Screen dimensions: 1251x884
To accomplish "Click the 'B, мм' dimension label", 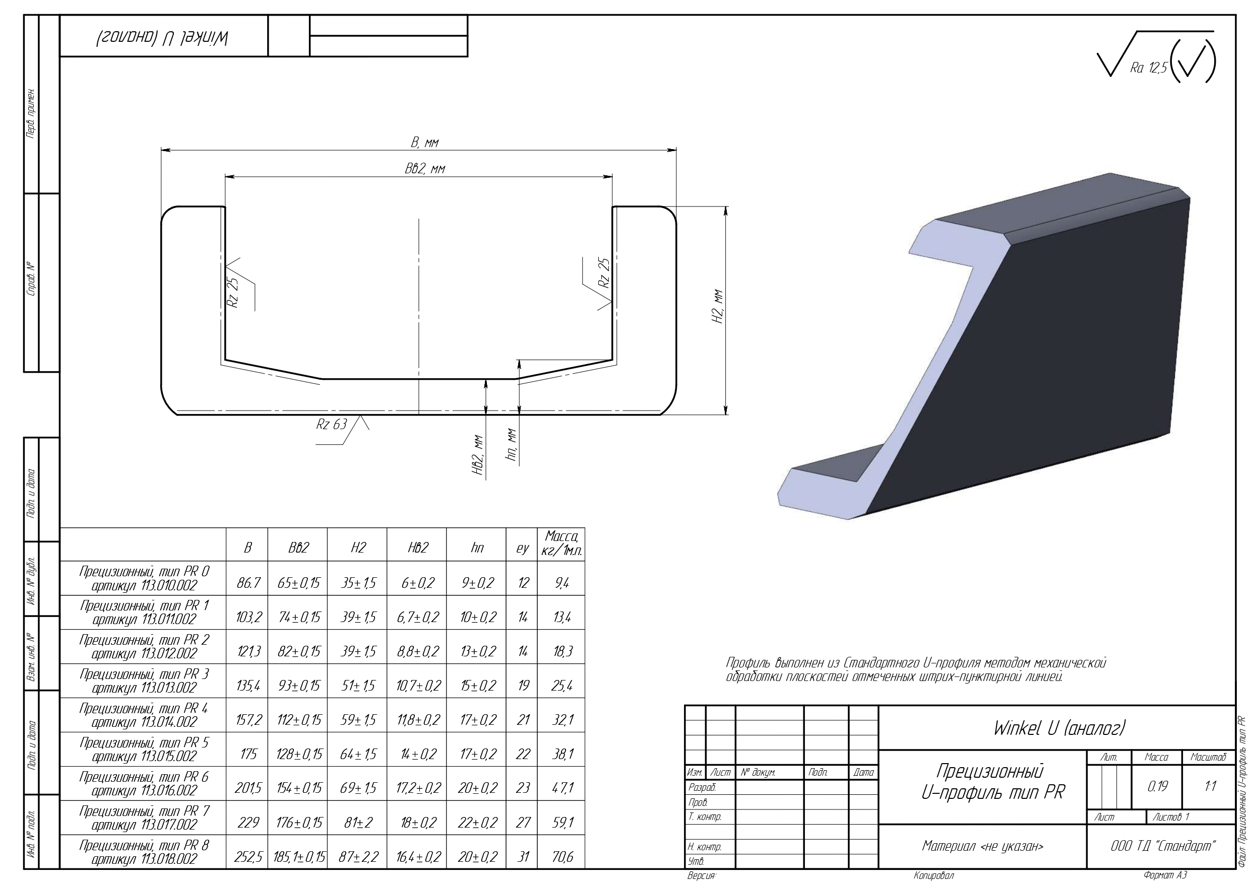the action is pyautogui.click(x=424, y=143).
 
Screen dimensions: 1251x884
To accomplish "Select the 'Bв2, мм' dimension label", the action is pyautogui.click(x=424, y=169).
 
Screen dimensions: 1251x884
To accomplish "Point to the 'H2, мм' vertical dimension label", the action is pyautogui.click(x=719, y=307).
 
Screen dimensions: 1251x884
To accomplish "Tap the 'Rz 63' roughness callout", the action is pyautogui.click(x=331, y=424).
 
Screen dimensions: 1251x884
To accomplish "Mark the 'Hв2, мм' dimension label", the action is pyautogui.click(x=478, y=455).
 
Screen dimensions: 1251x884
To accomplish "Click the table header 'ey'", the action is pyautogui.click(x=522, y=549).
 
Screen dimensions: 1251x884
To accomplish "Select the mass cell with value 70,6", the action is pyautogui.click(x=562, y=857).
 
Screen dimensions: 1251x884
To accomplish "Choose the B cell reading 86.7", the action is pyautogui.click(x=248, y=583).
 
